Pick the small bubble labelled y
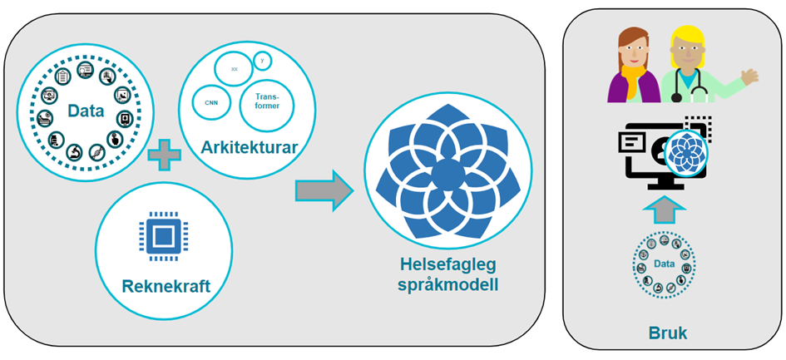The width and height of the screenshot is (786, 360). coord(263,61)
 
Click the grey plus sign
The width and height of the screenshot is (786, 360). coord(163,155)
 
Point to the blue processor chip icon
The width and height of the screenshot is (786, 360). coord(163,234)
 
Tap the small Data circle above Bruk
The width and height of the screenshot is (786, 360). coord(664,264)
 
